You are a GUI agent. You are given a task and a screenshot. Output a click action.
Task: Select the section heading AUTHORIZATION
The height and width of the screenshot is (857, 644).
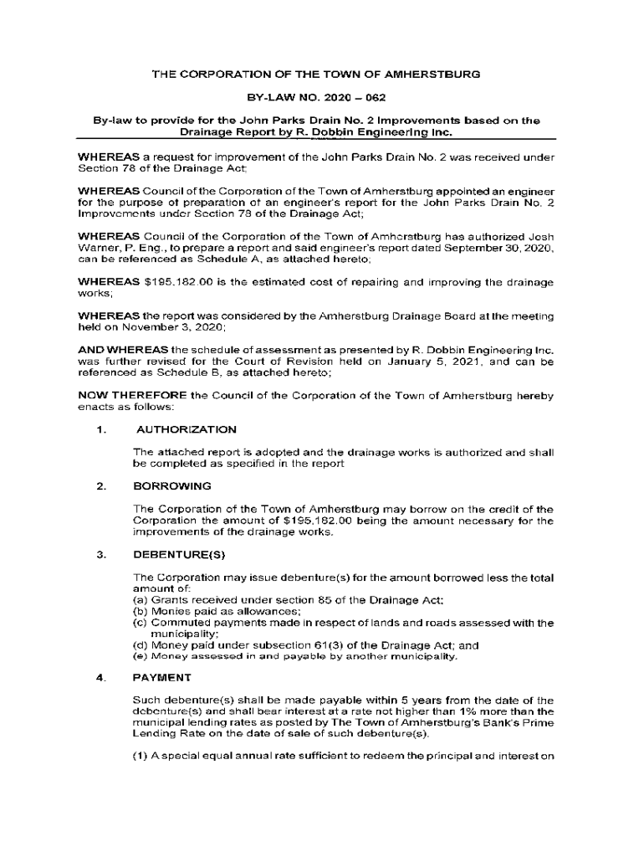point(186,430)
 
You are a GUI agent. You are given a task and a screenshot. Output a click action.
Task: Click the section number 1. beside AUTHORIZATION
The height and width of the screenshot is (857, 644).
point(101,430)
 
